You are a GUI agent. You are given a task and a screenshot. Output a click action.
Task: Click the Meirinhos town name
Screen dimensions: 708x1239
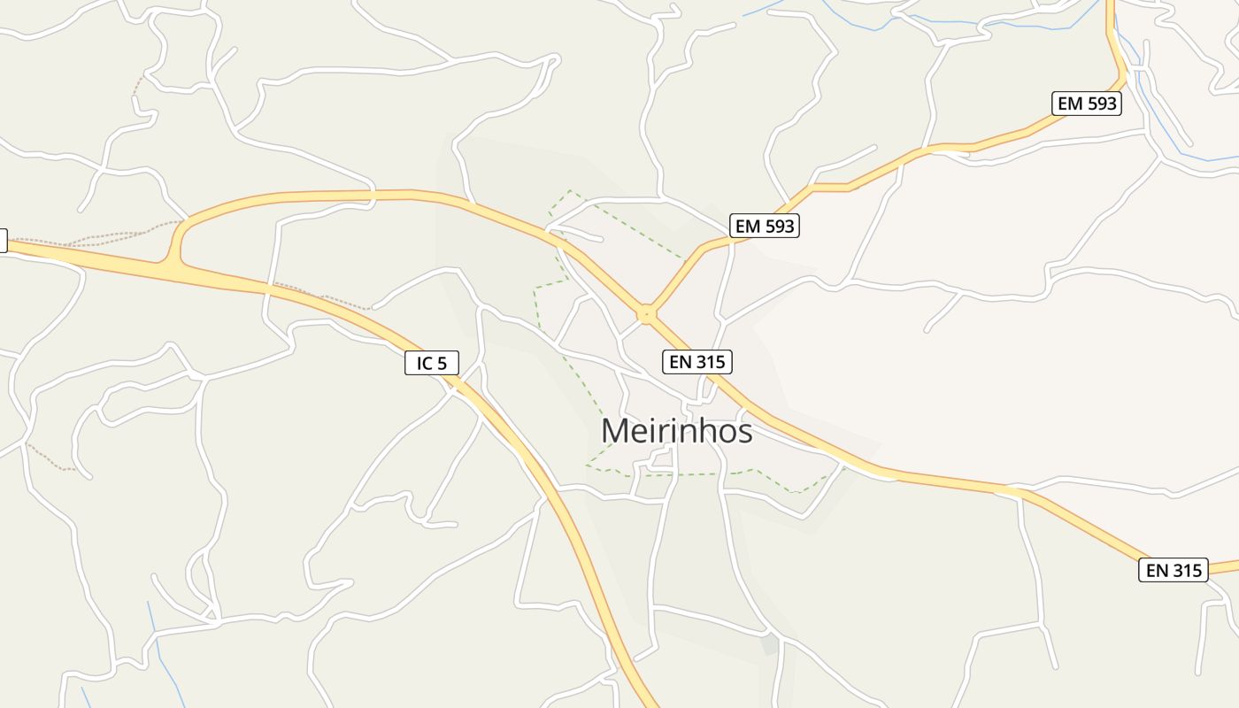pos(677,431)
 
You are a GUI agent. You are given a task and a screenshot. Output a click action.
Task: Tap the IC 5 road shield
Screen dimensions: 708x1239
pos(432,362)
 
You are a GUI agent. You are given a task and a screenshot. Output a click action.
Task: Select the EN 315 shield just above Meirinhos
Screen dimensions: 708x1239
pos(697,361)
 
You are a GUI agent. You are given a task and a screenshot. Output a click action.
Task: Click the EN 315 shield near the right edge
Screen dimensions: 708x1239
pos(1174,570)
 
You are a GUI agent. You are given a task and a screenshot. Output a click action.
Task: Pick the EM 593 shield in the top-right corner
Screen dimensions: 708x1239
pos(1087,104)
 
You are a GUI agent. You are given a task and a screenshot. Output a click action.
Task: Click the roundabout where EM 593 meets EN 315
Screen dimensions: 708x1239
pos(647,313)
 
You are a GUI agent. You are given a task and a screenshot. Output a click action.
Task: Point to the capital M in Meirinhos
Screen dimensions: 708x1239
pos(617,432)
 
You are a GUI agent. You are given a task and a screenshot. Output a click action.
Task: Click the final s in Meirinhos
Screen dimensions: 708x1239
pos(745,434)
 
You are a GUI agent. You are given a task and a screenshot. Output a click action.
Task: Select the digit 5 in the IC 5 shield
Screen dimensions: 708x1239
pos(443,362)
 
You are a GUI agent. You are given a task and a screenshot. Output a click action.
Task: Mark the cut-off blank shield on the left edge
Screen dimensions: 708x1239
pos(3,240)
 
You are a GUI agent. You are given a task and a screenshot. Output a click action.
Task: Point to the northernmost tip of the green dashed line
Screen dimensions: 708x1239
pos(569,190)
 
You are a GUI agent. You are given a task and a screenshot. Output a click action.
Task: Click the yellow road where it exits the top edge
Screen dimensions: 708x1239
pos(1111,5)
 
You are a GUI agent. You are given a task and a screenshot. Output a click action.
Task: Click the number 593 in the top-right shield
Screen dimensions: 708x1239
pos(1101,104)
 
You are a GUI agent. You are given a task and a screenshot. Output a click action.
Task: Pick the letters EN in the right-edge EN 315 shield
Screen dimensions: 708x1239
pos(1158,570)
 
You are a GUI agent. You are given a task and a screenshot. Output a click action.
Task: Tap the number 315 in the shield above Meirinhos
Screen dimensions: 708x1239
pos(711,361)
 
